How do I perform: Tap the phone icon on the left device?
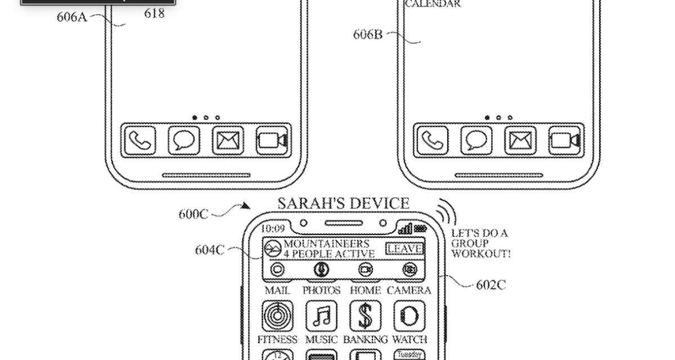[x=139, y=141]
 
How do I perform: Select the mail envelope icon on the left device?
[x=228, y=141]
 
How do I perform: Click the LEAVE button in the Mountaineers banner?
[x=405, y=248]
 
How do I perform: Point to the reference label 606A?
[x=71, y=16]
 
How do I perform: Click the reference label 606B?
[x=368, y=34]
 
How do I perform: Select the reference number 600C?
[x=193, y=214]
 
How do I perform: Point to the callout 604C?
[x=210, y=249]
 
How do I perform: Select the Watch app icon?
[x=409, y=316]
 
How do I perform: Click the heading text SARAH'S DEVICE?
[x=343, y=203]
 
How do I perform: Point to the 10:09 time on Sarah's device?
[x=272, y=229]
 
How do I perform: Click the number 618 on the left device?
[x=154, y=13]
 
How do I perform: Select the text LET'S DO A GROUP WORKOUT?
[x=481, y=244]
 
